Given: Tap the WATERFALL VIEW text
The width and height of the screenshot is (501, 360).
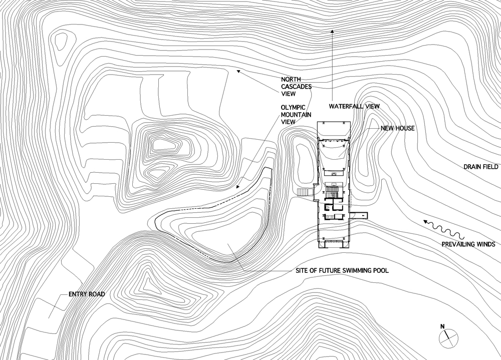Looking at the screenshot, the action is [354, 106].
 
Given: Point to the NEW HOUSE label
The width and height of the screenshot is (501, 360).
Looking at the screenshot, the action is [397, 128].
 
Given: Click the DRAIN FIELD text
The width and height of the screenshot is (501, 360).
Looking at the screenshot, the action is [481, 167].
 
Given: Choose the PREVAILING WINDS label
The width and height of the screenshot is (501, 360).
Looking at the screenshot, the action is [468, 244].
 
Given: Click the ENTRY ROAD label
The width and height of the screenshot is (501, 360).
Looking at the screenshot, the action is [87, 294].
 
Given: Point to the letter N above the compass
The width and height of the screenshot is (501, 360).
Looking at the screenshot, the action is [442, 326].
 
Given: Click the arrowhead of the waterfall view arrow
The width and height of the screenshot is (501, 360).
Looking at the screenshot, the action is [332, 32].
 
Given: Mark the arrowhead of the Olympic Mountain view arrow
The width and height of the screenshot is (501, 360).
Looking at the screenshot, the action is [237, 187].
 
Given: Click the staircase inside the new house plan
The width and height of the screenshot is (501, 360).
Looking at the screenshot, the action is [333, 192].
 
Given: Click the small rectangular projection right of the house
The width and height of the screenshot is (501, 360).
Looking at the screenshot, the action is [358, 216].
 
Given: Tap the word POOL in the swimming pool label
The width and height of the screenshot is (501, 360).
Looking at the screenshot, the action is [381, 270].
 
